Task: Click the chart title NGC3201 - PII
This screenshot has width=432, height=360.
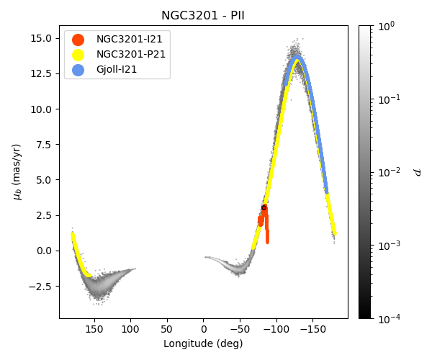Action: coord(203,16)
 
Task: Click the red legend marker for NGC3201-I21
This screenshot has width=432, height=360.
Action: coord(78,40)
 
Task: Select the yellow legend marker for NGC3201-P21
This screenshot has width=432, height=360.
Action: coord(78,55)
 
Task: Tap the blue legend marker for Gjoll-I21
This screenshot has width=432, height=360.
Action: coord(78,70)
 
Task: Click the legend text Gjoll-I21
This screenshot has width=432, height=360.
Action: coord(117,70)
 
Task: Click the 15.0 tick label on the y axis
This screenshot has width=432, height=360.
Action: coord(42,38)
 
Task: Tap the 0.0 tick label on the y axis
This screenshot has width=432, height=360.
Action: coord(45,251)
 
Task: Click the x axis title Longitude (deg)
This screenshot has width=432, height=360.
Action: coord(203,344)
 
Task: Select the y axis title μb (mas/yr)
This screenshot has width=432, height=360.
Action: coord(17,172)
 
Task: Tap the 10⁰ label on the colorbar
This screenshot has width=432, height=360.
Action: coord(387,26)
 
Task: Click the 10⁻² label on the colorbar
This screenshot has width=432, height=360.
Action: coord(390,172)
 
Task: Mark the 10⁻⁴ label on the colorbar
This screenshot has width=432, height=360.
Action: coord(390,318)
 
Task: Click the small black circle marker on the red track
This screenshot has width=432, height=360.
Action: coord(264,207)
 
